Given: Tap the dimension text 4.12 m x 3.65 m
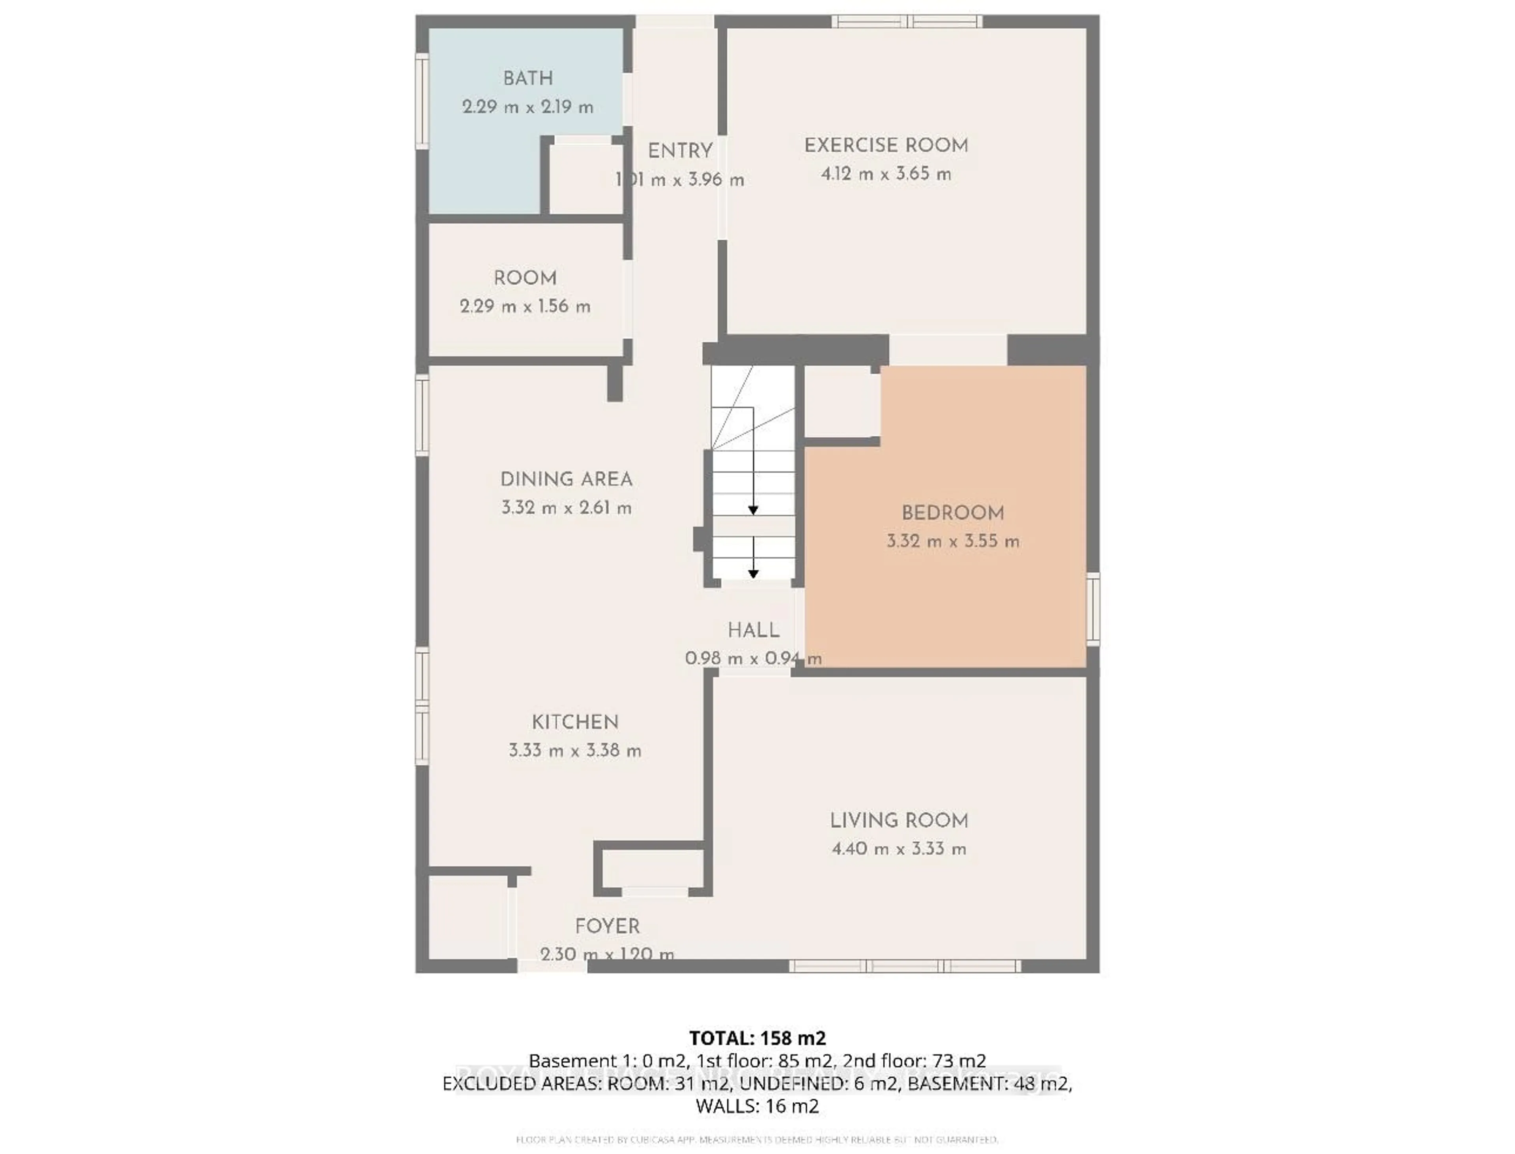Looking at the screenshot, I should [885, 174].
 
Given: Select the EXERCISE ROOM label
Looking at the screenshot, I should [885, 146].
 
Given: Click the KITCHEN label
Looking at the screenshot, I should [574, 722].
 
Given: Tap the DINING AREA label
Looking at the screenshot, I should [566, 479].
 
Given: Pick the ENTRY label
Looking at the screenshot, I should [680, 151].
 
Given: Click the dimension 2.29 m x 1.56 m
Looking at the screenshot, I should [525, 306].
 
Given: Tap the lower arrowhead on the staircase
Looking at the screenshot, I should [753, 574].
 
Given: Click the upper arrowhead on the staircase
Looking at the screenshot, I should [753, 510].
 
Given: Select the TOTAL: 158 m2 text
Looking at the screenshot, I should [757, 1038].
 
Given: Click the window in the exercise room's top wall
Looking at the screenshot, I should [907, 21].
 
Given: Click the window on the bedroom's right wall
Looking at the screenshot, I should [1093, 609].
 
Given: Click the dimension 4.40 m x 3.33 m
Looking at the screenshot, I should [899, 849].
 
